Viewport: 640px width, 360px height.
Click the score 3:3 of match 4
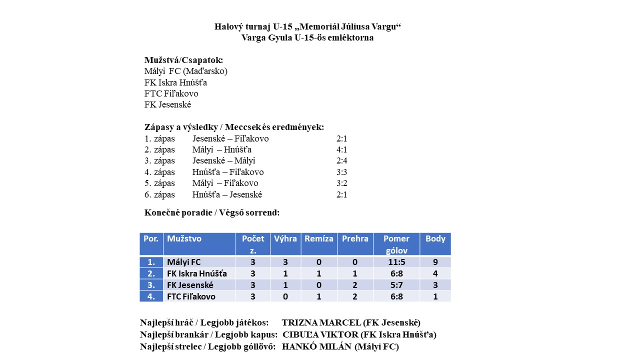pyautogui.click(x=342, y=172)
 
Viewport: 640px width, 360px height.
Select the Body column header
pyautogui.click(x=435, y=239)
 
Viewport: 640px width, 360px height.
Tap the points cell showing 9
pyautogui.click(x=435, y=262)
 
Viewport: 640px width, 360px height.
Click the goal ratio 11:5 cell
pyautogui.click(x=396, y=262)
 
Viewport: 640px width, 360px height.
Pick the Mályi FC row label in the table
pyautogui.click(x=184, y=262)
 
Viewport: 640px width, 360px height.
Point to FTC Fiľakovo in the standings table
pyautogui.click(x=191, y=296)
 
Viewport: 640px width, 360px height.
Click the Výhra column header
pyautogui.click(x=285, y=239)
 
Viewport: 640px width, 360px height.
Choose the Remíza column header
pyautogui.click(x=318, y=239)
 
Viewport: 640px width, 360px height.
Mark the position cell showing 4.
pyautogui.click(x=151, y=296)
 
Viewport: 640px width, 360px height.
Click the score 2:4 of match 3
pyautogui.click(x=342, y=161)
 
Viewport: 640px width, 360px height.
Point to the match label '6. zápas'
pyautogui.click(x=159, y=194)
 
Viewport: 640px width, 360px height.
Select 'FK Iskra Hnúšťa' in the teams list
pyautogui.click(x=175, y=82)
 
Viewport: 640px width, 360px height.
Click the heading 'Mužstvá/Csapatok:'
pyautogui.click(x=183, y=60)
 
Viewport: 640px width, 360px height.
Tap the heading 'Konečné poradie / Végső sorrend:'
pyautogui.click(x=212, y=212)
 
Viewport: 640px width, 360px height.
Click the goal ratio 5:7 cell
pyautogui.click(x=396, y=285)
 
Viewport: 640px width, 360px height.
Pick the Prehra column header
pyautogui.click(x=355, y=239)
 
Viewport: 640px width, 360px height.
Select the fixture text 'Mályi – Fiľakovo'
pyautogui.click(x=225, y=183)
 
